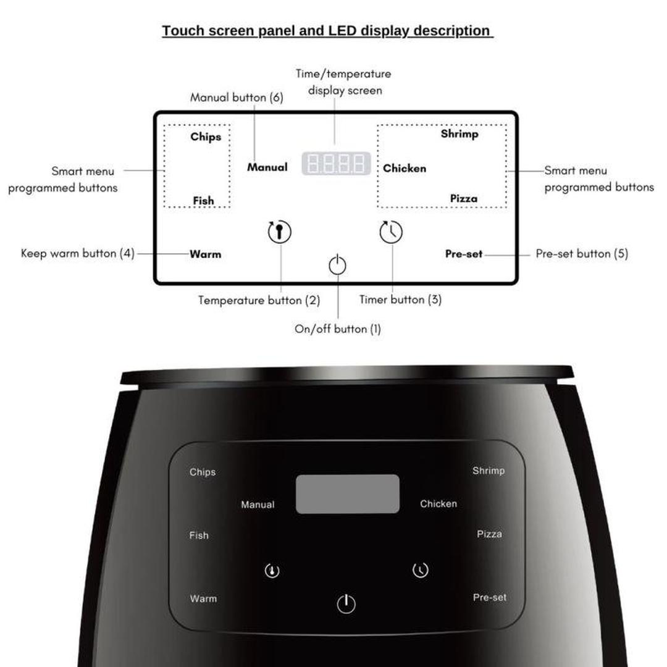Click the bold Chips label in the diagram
click(x=206, y=136)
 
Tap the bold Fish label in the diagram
click(x=203, y=200)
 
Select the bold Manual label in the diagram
click(x=267, y=167)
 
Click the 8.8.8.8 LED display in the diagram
click(x=336, y=164)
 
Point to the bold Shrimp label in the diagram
click(x=459, y=133)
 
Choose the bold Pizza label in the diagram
click(x=463, y=198)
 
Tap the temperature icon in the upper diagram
click(x=279, y=232)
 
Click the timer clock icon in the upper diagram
click(x=391, y=232)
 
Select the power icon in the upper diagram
click(x=337, y=265)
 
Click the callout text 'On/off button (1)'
click(x=338, y=329)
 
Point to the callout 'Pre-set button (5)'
click(x=582, y=254)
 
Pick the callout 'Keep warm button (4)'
click(x=78, y=253)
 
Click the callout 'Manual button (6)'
click(x=237, y=98)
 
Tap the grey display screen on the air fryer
click(x=347, y=494)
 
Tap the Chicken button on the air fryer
click(x=438, y=504)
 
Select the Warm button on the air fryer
click(x=203, y=598)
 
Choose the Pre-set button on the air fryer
click(x=490, y=597)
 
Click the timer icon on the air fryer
click(x=421, y=570)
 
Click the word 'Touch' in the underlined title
click(x=182, y=31)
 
